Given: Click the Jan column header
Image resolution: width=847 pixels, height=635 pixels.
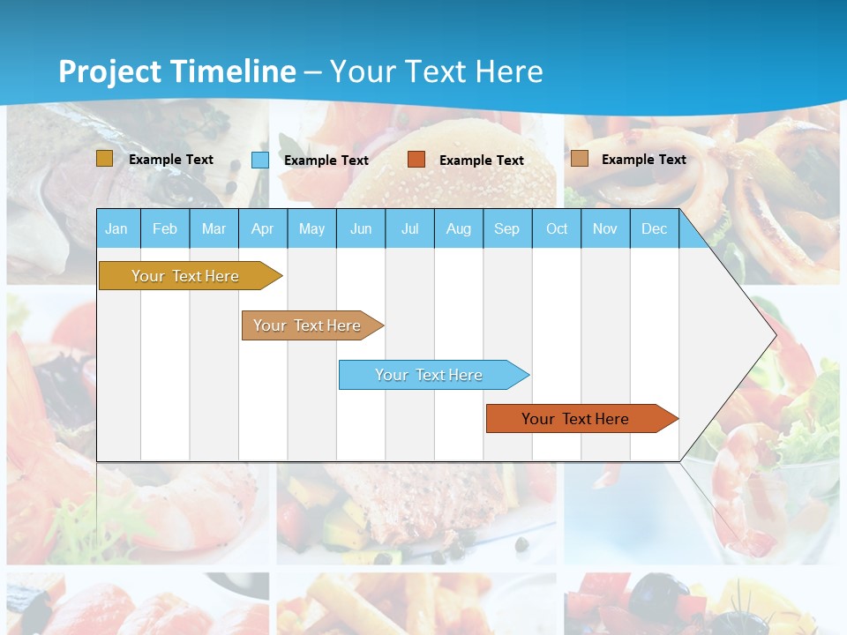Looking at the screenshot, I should (116, 228).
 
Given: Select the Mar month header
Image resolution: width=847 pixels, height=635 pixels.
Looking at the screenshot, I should (214, 228).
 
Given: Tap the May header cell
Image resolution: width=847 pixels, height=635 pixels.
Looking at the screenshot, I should (311, 228).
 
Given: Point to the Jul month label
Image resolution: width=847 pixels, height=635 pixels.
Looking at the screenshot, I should (409, 228).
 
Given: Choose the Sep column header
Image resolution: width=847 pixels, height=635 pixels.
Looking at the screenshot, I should (506, 228).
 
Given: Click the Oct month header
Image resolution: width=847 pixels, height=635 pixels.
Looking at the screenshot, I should (557, 228).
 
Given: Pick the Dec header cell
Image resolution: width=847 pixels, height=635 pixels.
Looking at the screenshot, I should (654, 228).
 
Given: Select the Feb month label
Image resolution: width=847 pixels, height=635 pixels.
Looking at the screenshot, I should (165, 228).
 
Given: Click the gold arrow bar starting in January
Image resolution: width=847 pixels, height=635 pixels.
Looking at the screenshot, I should (185, 276).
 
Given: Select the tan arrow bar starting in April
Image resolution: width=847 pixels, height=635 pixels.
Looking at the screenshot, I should (307, 325).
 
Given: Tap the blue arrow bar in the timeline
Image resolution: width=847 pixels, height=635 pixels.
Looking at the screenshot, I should (429, 375).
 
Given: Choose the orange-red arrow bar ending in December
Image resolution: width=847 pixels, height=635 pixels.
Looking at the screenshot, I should (575, 419).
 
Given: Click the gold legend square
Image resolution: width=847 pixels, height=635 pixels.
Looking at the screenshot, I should (104, 159).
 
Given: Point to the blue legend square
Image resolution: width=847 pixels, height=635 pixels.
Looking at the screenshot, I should (260, 160).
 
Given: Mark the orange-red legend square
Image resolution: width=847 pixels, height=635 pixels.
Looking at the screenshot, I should (416, 160).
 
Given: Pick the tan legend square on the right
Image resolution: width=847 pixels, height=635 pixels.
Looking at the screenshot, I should (580, 159).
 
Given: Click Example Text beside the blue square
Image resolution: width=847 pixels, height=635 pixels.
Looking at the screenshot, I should (326, 161).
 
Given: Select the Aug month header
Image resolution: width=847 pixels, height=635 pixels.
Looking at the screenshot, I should (459, 228).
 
